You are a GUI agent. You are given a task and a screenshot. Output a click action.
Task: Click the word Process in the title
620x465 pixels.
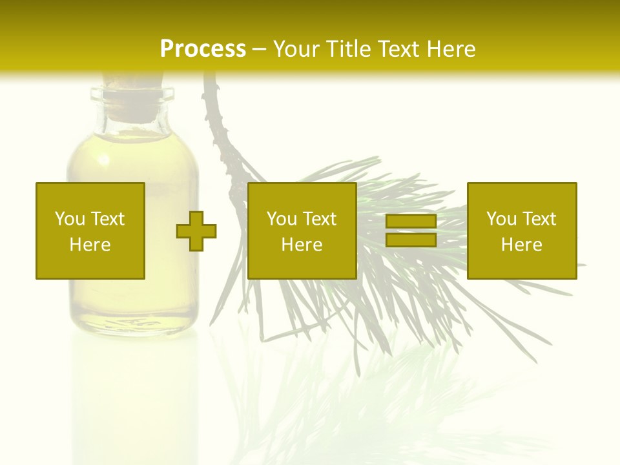pyautogui.click(x=203, y=49)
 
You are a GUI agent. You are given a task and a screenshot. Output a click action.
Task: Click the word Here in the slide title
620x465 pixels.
pyautogui.click(x=453, y=49)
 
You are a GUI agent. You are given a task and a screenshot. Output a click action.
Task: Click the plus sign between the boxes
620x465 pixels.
pyautogui.click(x=196, y=231)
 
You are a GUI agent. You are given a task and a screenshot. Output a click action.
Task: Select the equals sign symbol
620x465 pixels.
pyautogui.click(x=411, y=231)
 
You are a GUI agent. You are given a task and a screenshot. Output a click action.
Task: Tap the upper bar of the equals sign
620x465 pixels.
pyautogui.click(x=411, y=222)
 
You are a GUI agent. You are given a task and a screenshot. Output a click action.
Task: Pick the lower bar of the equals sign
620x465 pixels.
pyautogui.click(x=411, y=240)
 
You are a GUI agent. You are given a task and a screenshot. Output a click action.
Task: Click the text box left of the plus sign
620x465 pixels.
pyautogui.click(x=90, y=231)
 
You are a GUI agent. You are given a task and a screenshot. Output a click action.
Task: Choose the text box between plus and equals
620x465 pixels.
pyautogui.click(x=302, y=231)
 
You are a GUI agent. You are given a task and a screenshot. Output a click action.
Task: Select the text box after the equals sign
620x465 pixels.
pyautogui.click(x=521, y=231)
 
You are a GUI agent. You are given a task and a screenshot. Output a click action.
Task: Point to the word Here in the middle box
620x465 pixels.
pyautogui.click(x=302, y=245)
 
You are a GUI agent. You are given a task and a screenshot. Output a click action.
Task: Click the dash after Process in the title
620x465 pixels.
pyautogui.click(x=259, y=50)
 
